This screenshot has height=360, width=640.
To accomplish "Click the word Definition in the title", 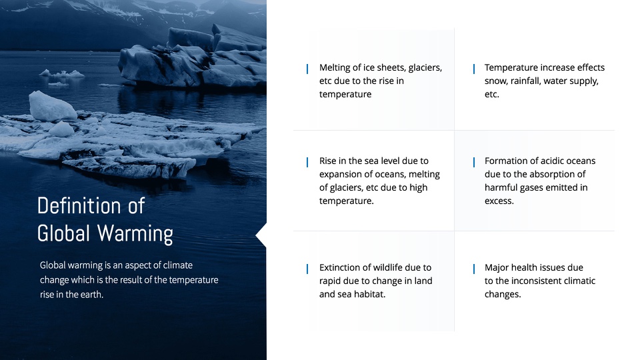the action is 79,205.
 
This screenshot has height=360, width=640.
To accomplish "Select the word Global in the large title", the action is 63,233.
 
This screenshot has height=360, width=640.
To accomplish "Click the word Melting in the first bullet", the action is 334,68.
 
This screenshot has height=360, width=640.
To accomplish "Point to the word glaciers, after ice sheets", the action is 425,68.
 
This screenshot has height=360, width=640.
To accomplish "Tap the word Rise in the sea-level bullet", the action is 328,161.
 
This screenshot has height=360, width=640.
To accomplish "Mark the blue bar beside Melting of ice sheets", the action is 307,69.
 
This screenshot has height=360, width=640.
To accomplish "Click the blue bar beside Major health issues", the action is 473,269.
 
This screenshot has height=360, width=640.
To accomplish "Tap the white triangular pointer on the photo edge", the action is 261,235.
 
